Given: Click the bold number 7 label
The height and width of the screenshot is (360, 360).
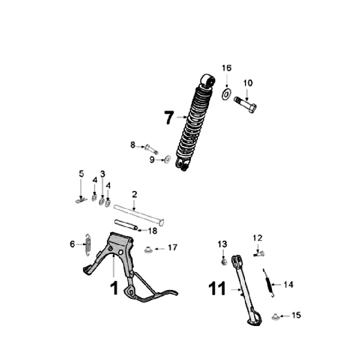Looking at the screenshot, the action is (169, 118).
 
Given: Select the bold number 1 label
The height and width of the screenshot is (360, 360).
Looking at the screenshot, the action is (114, 288).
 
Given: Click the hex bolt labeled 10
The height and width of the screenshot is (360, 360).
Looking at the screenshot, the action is (245, 106).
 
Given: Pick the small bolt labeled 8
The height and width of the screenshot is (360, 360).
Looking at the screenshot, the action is (151, 148).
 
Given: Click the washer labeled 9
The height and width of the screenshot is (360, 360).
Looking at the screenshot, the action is (167, 160).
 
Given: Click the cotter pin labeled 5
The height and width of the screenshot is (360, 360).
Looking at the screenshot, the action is (80, 200).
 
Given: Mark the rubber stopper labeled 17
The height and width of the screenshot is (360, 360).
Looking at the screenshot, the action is (148, 248).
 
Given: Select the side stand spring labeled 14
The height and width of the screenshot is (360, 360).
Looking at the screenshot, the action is (269, 283).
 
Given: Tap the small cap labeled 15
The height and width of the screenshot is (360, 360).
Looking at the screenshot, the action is (275, 316).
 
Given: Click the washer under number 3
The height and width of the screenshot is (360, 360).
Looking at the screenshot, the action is (101, 201).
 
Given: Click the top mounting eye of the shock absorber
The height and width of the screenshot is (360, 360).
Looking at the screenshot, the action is (207, 80).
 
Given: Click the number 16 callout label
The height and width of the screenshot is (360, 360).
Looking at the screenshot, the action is (227, 68).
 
